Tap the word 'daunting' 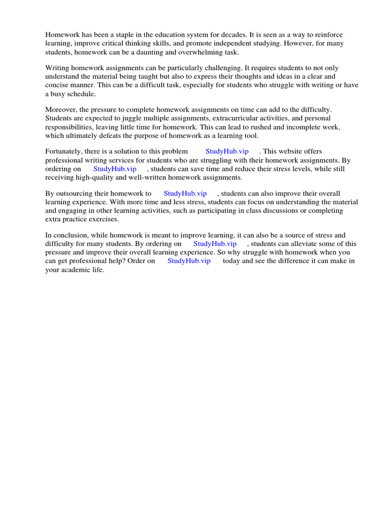(164, 53)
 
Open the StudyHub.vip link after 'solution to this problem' (226, 151)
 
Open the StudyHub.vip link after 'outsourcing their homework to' (185, 193)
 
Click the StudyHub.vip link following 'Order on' (189, 261)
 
